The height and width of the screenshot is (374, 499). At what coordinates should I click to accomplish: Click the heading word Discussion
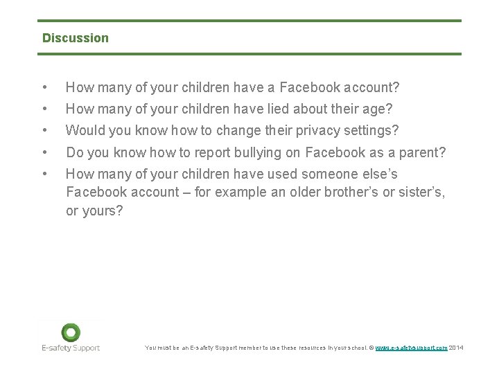point(76,38)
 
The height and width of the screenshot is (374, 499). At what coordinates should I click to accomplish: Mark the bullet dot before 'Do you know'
point(45,152)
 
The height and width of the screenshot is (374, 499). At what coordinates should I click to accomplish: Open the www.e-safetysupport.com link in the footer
point(411,348)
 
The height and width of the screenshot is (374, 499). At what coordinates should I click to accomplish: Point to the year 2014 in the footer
point(456,348)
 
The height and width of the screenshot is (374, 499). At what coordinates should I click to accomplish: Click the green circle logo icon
point(70,332)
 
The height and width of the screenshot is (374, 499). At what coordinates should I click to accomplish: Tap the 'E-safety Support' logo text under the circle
point(70,348)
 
